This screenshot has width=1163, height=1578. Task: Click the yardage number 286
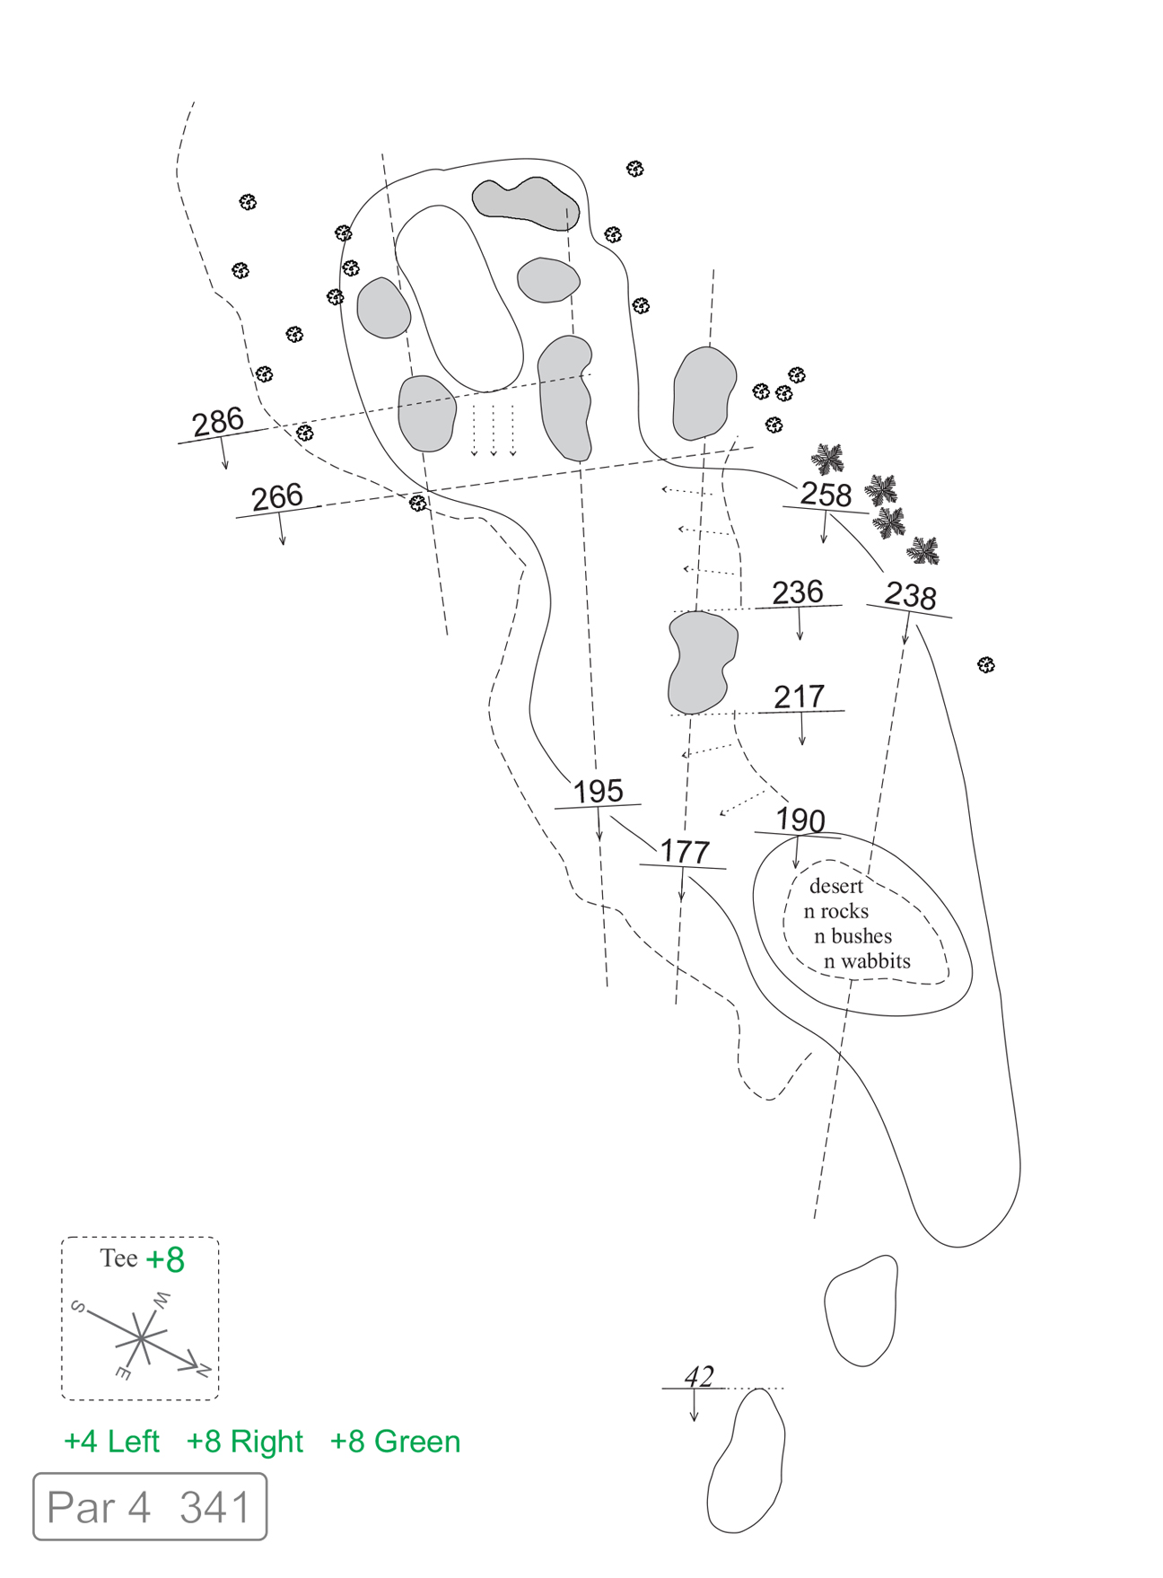pos(218,421)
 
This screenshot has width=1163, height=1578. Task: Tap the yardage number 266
pos(277,496)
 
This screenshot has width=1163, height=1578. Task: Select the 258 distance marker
pos(826,494)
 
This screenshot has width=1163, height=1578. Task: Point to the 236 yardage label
pos(798,592)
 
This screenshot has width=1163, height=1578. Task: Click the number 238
pos(910,595)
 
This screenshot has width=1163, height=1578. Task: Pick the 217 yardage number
pos(799,697)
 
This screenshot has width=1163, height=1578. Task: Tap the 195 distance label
pos(598,791)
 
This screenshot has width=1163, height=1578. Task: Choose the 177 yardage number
pos(685,851)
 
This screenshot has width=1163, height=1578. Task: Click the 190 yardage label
pos(800,820)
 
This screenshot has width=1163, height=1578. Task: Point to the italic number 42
pos(699,1376)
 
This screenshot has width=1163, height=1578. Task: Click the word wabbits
pos(875,961)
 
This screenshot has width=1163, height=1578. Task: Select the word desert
pos(835,886)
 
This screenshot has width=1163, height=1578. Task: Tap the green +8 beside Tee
pos(165,1259)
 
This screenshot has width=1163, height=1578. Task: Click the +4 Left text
pos(111,1442)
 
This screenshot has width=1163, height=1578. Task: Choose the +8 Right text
pos(244,1442)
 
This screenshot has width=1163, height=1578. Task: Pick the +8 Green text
pos(395,1442)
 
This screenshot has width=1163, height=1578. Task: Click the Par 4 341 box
pos(150,1507)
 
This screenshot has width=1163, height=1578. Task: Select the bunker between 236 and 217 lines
pos(703,662)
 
